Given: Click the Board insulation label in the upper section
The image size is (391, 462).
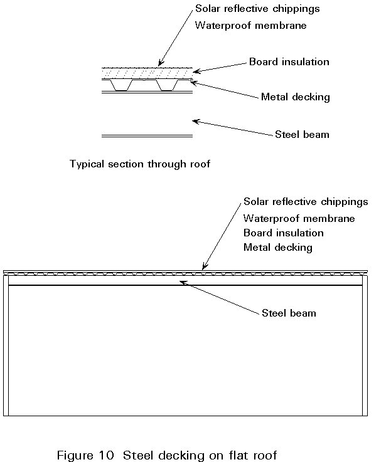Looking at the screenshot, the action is click(289, 62).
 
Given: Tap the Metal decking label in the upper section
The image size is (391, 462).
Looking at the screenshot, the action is click(296, 97).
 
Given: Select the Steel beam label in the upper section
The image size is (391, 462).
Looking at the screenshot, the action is click(302, 134).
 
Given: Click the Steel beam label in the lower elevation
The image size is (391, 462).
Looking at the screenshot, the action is click(289, 313).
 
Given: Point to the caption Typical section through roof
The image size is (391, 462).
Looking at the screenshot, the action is click(140, 164).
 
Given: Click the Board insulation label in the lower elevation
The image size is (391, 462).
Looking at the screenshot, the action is click(283, 233).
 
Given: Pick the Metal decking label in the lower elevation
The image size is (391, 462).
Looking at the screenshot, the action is click(277, 248).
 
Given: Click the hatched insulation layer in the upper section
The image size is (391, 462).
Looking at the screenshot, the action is click(147, 73).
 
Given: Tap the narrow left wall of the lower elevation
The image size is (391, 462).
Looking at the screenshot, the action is click(6, 345).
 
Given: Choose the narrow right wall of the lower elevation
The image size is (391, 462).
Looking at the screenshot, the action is click(365, 345).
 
